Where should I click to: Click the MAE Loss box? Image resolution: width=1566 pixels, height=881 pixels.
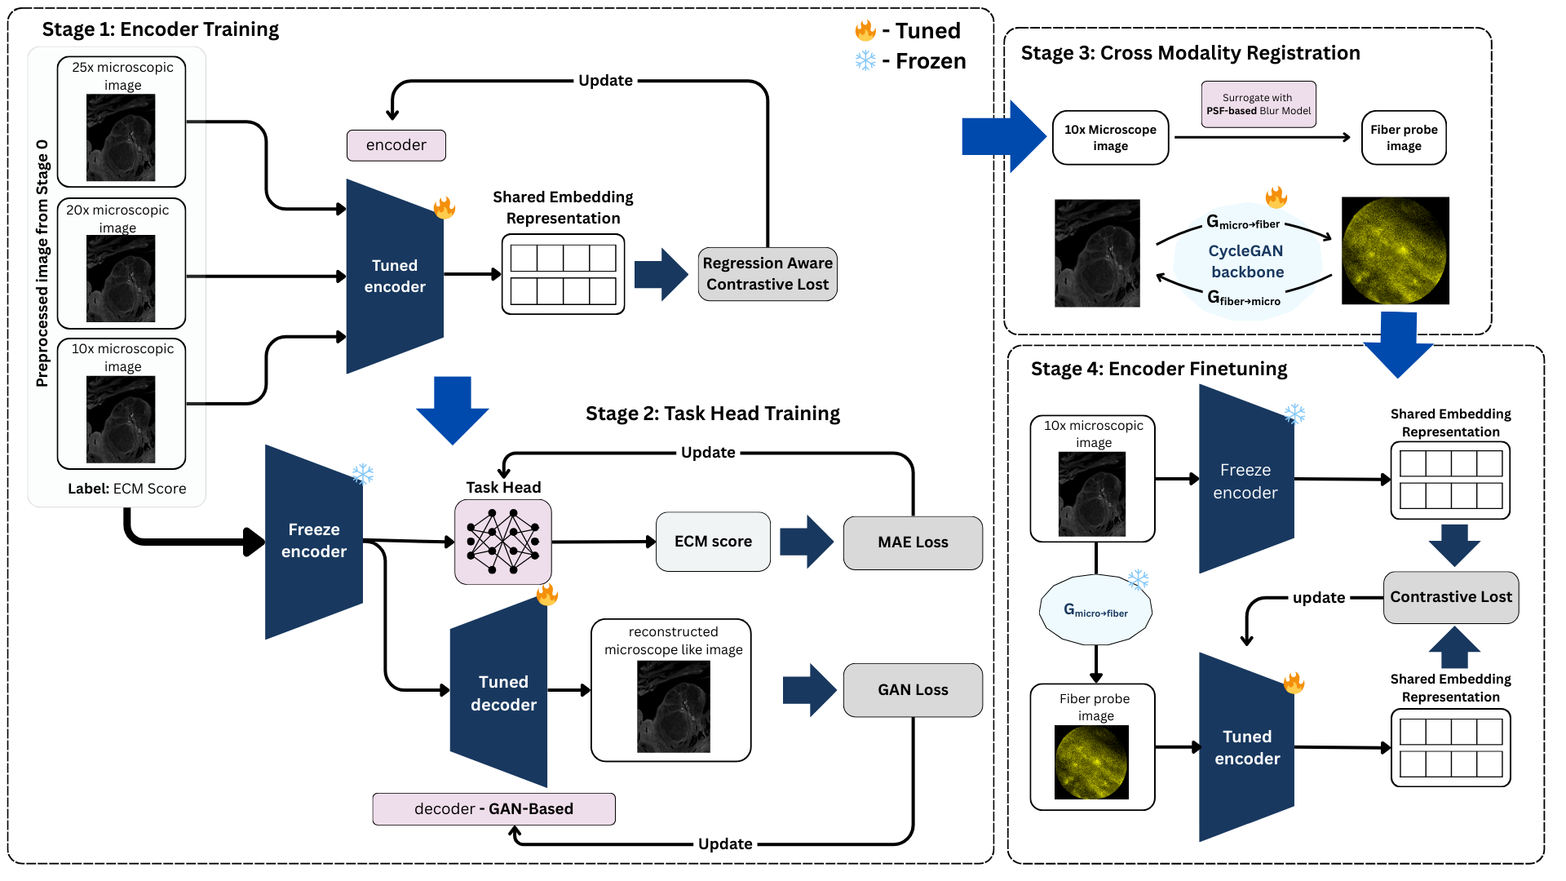click(x=913, y=542)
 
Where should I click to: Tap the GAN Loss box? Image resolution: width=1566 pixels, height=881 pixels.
click(x=913, y=690)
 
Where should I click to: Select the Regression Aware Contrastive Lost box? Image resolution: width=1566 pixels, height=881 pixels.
click(x=768, y=274)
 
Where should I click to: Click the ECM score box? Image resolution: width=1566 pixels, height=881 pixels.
click(x=713, y=542)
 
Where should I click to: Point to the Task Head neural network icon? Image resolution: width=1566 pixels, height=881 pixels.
click(x=502, y=542)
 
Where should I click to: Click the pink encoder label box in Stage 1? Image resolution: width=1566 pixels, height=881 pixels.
click(x=396, y=145)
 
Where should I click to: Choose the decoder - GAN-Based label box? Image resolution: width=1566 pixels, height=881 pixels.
click(x=493, y=808)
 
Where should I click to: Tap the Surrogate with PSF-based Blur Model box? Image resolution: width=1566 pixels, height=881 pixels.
click(x=1258, y=104)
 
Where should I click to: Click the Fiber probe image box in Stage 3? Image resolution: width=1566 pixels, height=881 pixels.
click(x=1403, y=138)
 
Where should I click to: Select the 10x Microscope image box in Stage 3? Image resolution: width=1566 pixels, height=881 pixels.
click(x=1110, y=138)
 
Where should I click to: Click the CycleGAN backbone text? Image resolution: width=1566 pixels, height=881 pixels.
click(x=1246, y=261)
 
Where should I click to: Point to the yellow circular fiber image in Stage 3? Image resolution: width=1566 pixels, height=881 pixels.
click(x=1395, y=250)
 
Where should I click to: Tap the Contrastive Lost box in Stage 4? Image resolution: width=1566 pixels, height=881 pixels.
click(x=1450, y=597)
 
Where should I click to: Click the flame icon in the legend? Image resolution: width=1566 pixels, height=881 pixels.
click(x=865, y=31)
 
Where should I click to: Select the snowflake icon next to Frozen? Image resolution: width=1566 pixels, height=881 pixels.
click(x=865, y=61)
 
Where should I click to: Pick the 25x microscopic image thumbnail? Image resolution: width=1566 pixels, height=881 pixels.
click(x=121, y=137)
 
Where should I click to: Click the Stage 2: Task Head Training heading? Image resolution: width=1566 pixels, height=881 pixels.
click(x=712, y=414)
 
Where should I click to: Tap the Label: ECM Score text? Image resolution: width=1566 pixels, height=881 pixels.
click(x=127, y=489)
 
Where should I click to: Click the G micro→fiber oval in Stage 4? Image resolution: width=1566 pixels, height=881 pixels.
click(x=1095, y=611)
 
